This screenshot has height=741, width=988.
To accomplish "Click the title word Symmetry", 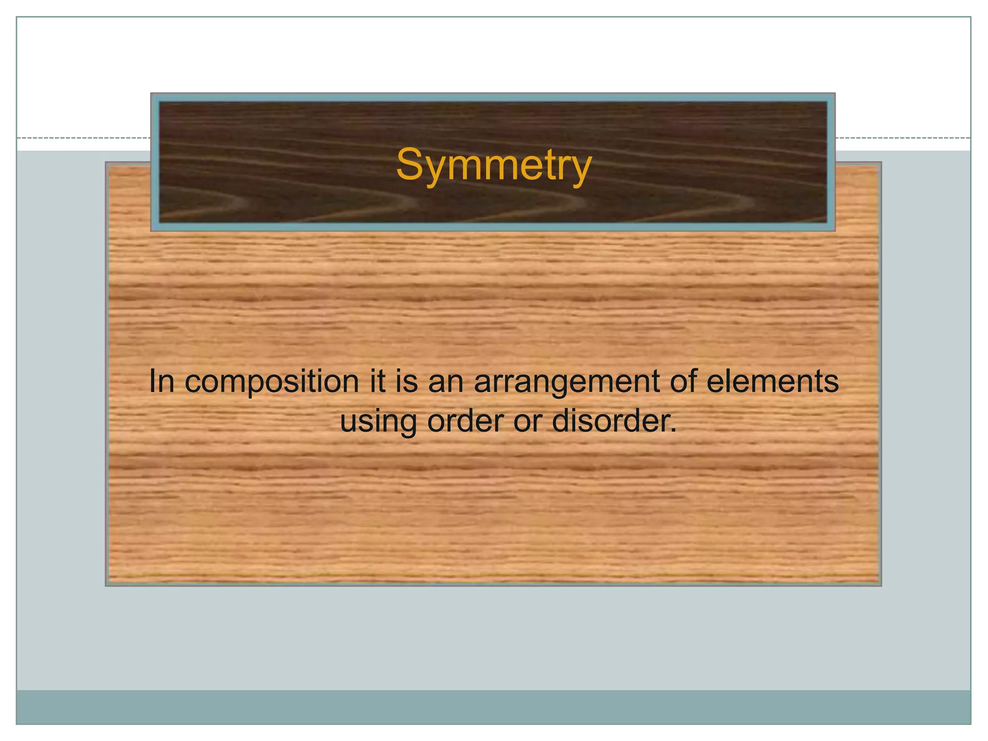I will [494, 165].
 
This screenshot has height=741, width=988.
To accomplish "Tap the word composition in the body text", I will [272, 382].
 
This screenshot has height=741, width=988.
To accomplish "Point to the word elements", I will [772, 381].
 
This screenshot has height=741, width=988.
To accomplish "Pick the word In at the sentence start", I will [162, 381].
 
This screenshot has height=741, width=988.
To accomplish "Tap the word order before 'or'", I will [465, 421].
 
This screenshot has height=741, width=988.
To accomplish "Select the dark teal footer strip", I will [494, 707].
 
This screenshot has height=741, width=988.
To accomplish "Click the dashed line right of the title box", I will [902, 138].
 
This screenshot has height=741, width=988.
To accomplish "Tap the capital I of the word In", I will [153, 381].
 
